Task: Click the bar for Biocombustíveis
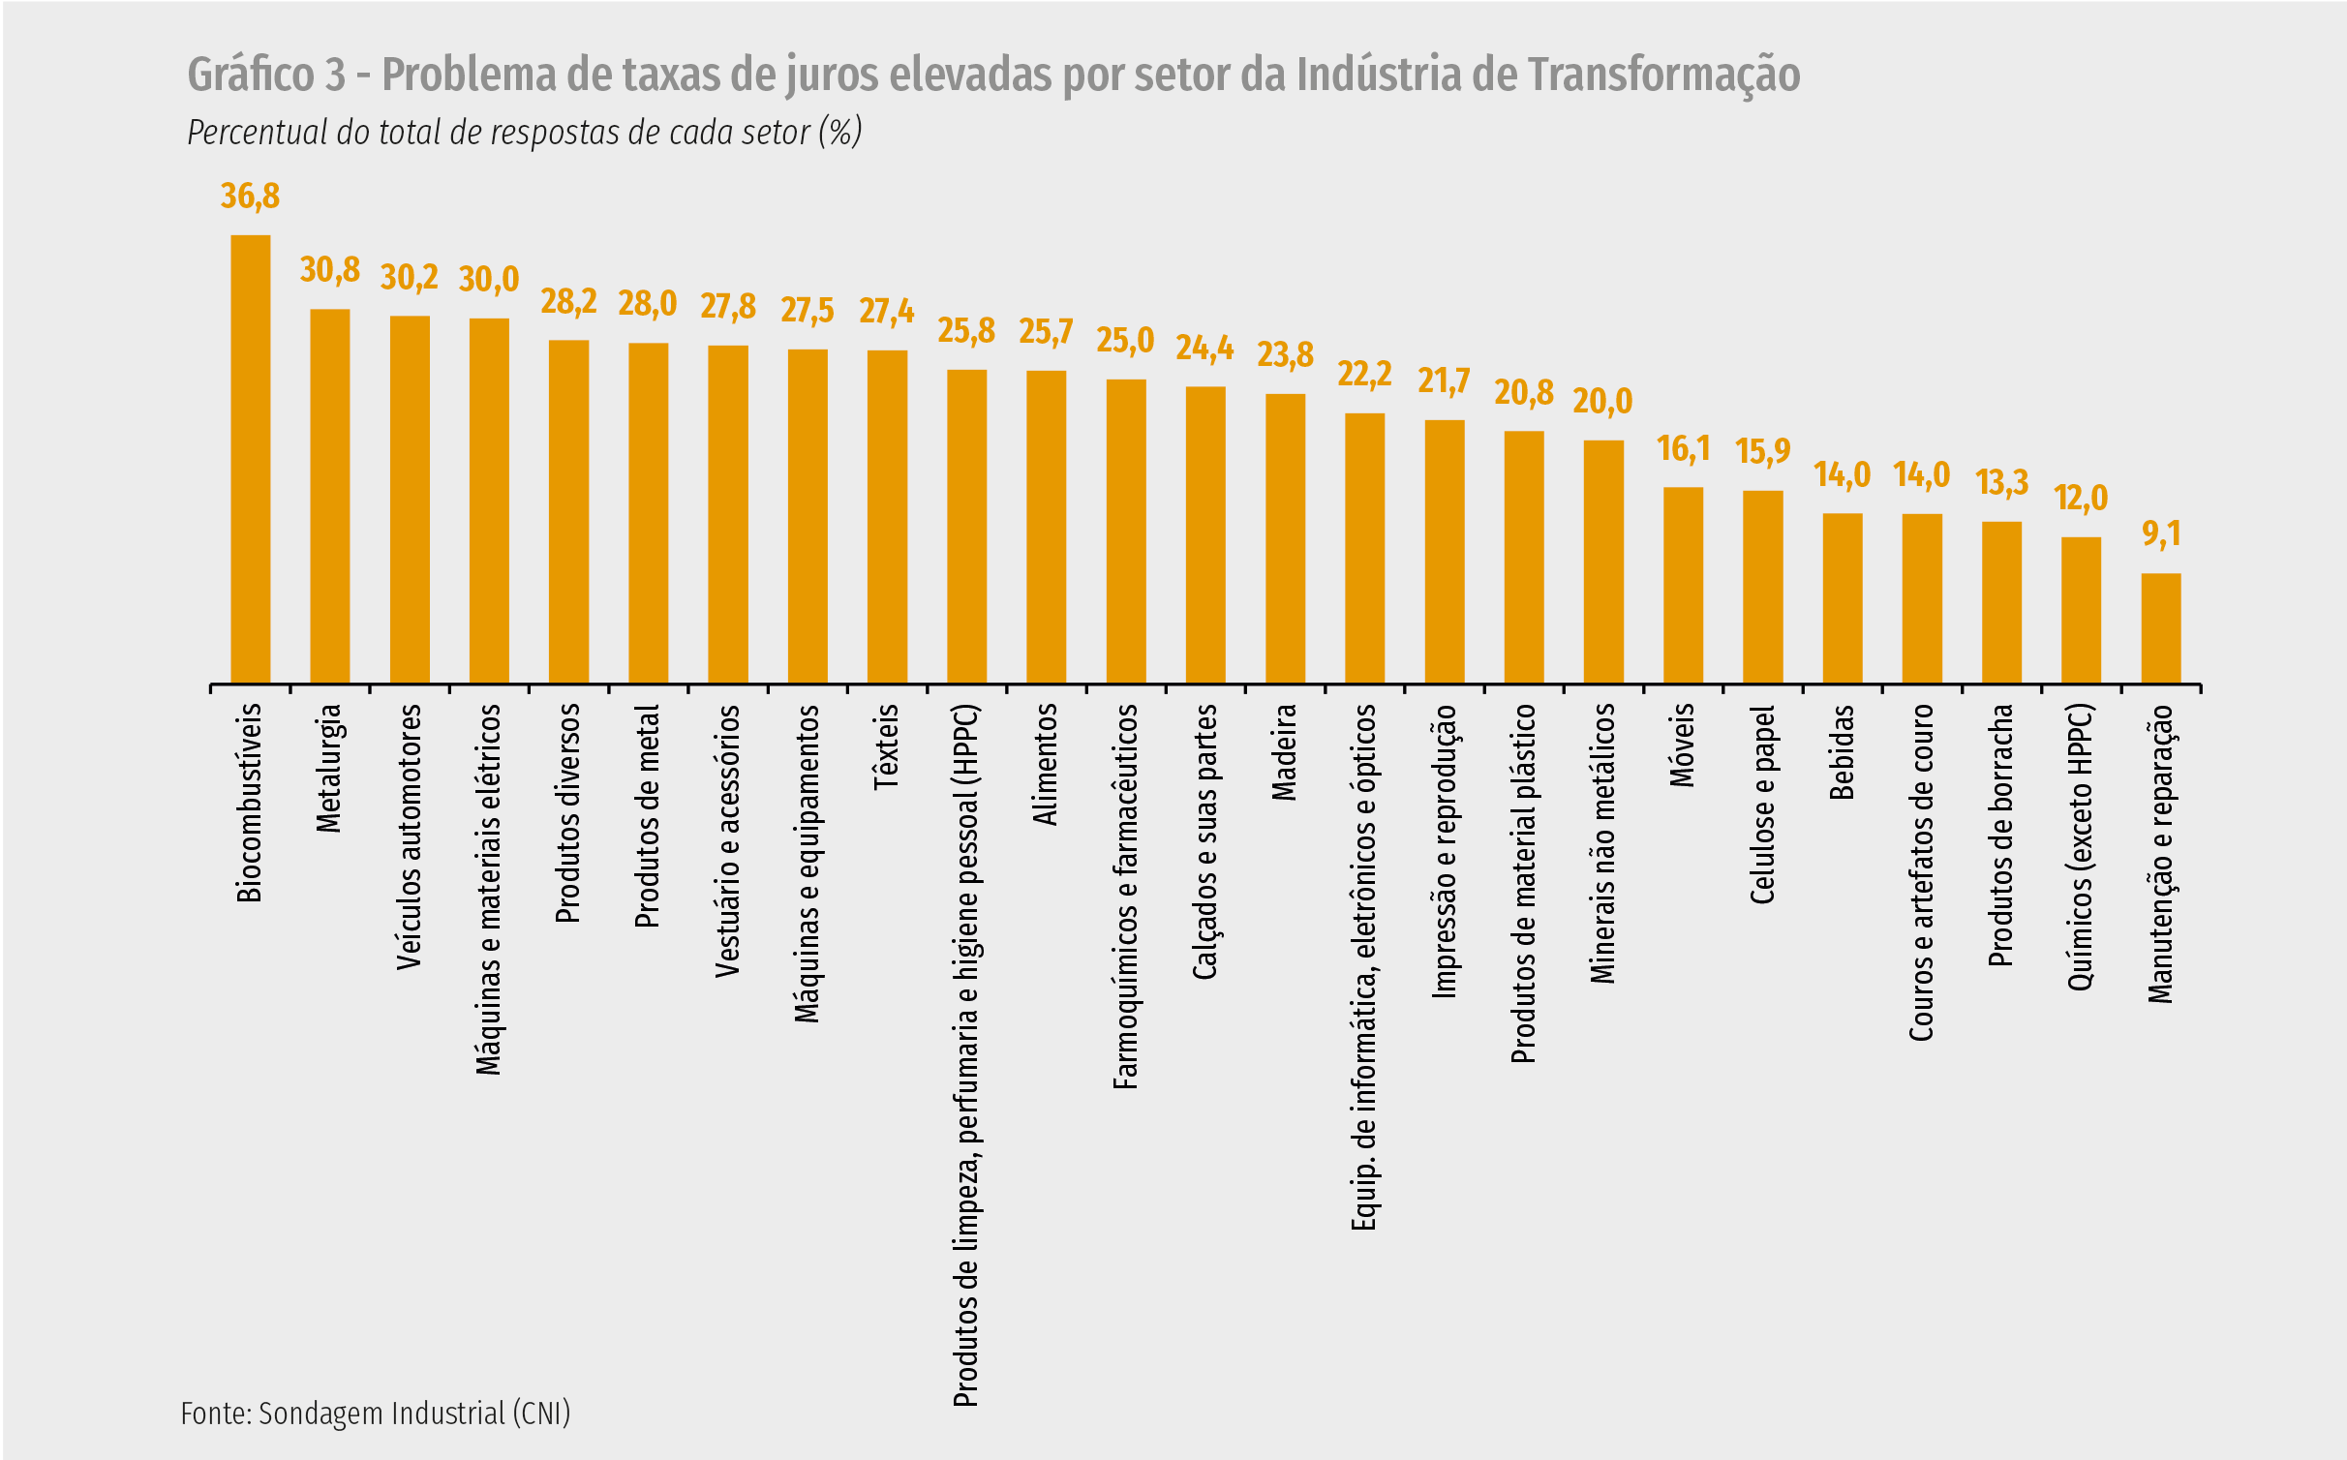[250, 459]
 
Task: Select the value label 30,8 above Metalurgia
[329, 270]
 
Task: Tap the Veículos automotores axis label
[410, 836]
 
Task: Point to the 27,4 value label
[886, 312]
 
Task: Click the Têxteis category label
[887, 746]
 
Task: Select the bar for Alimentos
[1046, 527]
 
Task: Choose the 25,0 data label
[1125, 341]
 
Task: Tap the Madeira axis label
[1284, 752]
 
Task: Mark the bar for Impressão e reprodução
[1444, 552]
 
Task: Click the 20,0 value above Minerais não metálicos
[1602, 402]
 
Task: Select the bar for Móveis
[1683, 585]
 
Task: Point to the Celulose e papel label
[1762, 805]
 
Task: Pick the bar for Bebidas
[1842, 598]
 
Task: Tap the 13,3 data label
[2001, 482]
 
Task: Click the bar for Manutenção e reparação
[2160, 628]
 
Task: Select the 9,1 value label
[2161, 534]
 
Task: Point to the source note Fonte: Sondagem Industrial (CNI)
[375, 1414]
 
